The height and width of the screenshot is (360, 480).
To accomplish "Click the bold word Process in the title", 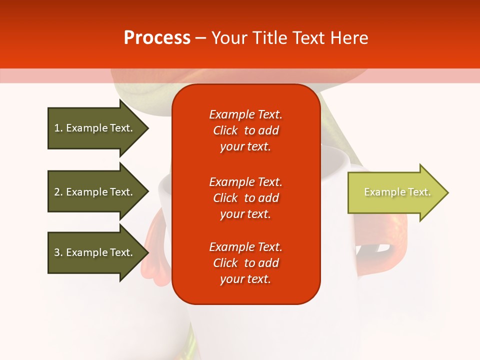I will coord(157,38).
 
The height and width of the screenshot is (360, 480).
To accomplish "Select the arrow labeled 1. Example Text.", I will coord(93,128).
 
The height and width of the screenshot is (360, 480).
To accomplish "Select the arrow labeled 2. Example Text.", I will coord(93,192).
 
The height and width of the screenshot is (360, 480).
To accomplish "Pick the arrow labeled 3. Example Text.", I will coord(93,252).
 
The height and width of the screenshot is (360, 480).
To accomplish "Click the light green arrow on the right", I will coord(395,192).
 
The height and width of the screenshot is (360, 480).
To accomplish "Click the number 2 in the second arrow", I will coord(57,192).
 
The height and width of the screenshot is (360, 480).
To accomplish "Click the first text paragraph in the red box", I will coord(245,130).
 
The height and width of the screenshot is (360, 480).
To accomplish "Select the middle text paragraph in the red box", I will coord(245,198).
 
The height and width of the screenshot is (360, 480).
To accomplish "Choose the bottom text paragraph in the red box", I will coord(245,263).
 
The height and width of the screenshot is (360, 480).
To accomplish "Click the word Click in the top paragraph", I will coord(225,130).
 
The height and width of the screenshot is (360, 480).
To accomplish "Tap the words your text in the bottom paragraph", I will coord(245,279).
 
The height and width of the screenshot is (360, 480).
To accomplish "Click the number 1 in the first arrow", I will coord(57,128).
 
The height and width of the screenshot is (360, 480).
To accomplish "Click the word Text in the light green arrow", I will coord(419,192).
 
